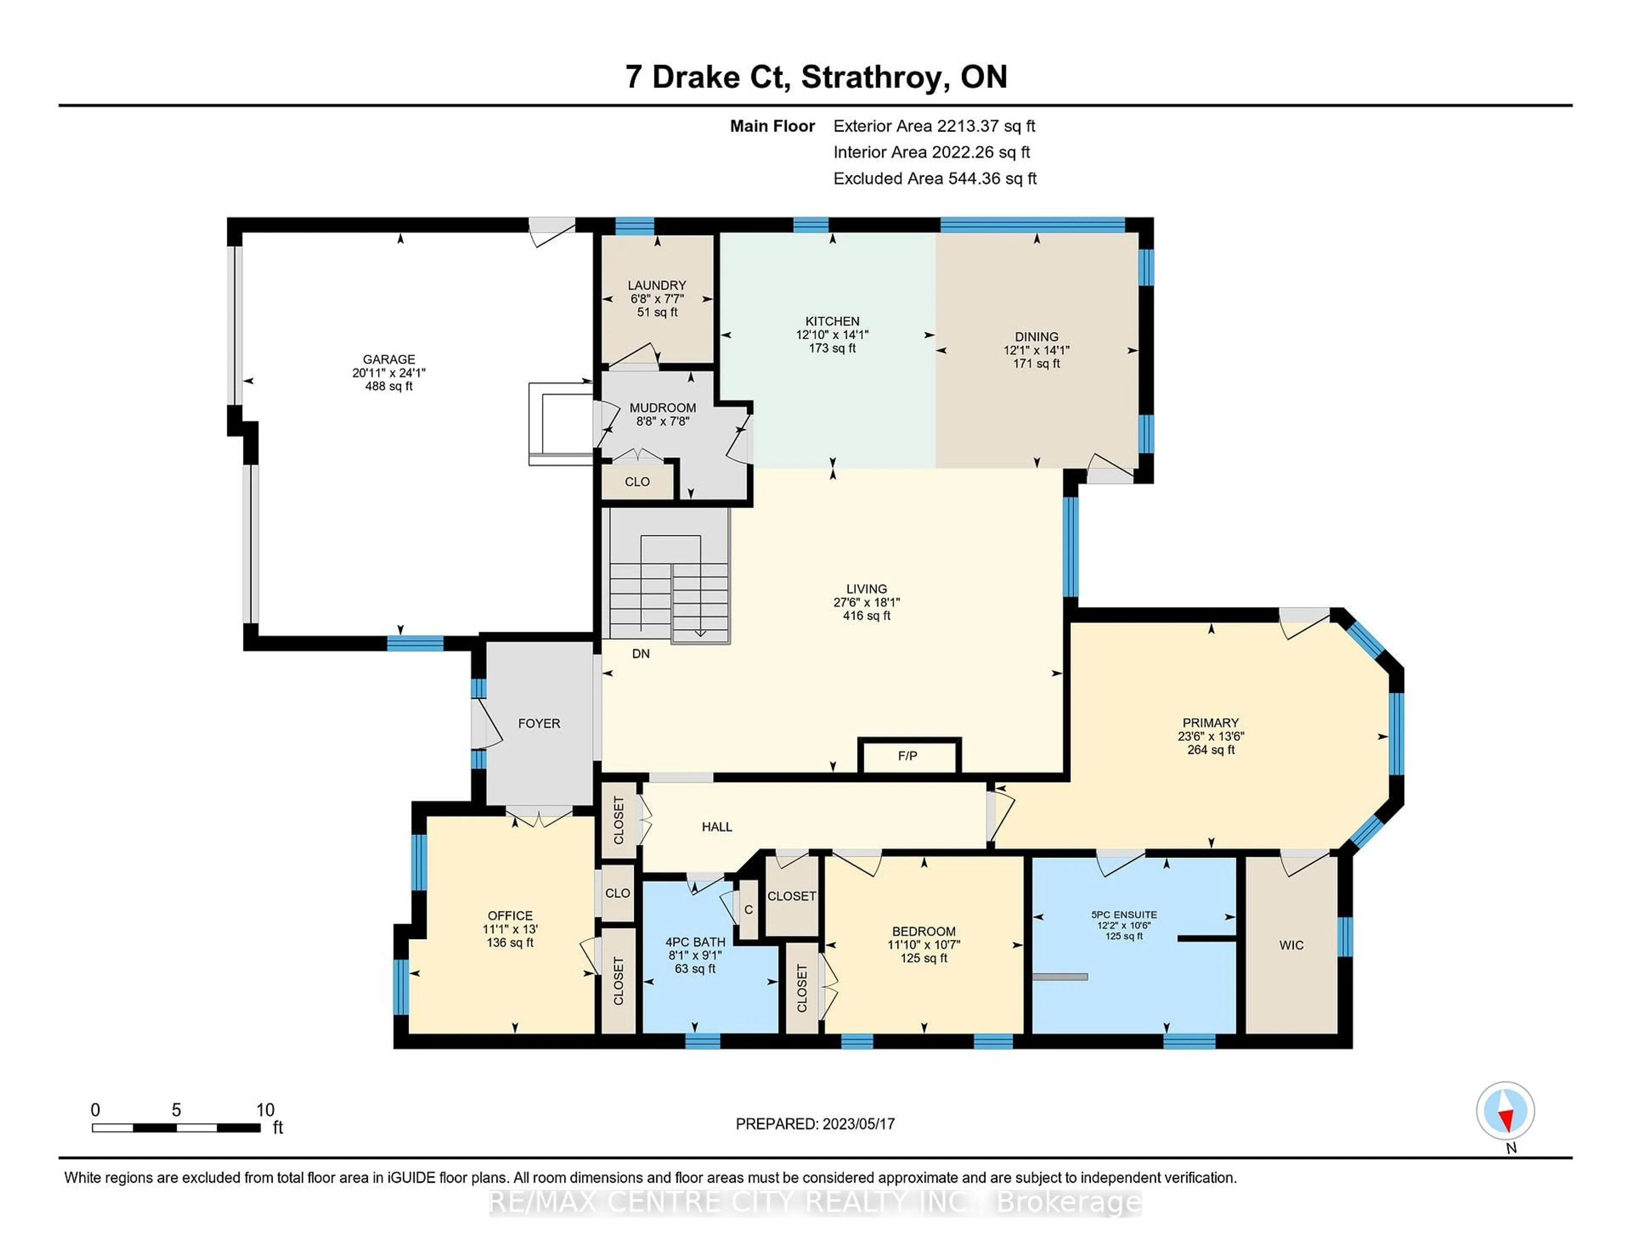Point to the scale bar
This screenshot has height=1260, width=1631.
tap(176, 1127)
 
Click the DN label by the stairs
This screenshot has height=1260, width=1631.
tap(641, 654)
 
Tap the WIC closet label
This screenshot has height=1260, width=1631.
tap(1291, 945)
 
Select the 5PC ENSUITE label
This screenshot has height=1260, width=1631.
tap(1124, 914)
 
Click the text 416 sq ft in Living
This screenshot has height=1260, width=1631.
tap(866, 616)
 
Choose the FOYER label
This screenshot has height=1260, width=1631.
tap(539, 723)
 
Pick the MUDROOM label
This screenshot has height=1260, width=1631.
tap(663, 408)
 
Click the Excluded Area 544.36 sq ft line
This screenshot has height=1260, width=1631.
tap(934, 178)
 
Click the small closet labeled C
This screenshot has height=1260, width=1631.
tap(748, 910)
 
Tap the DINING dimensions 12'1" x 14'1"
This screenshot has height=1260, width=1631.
tap(1036, 350)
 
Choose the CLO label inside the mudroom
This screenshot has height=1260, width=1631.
tap(637, 481)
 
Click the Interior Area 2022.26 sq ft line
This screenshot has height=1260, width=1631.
tap(931, 152)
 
